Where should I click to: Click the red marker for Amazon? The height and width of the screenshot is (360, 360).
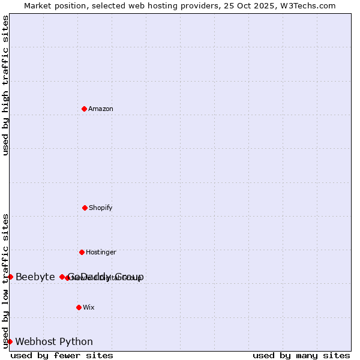tap(84, 109)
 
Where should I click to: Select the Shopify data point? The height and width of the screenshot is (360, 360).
tap(85, 208)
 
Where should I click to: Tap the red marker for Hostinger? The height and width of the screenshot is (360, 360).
tap(82, 252)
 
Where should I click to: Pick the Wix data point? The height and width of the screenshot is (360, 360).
tap(79, 307)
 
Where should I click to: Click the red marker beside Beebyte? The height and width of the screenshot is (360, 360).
tap(10, 277)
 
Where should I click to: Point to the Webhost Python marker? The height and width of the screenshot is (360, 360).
tap(10, 341)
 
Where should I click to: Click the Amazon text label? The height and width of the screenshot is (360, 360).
tap(101, 109)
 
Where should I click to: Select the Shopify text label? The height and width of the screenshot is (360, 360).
tap(101, 208)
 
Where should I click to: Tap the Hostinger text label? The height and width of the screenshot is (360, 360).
tap(101, 252)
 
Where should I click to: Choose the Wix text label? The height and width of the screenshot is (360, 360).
tap(89, 307)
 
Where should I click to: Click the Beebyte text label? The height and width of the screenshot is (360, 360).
tap(35, 277)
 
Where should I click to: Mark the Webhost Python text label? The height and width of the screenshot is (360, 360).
tap(54, 342)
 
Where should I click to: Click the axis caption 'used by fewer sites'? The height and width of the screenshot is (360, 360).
tap(62, 355)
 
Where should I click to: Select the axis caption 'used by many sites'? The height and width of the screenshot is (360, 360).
tap(301, 355)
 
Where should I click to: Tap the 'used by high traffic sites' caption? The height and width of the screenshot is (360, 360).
tap(5, 85)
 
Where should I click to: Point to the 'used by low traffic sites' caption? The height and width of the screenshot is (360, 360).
tap(5, 281)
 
